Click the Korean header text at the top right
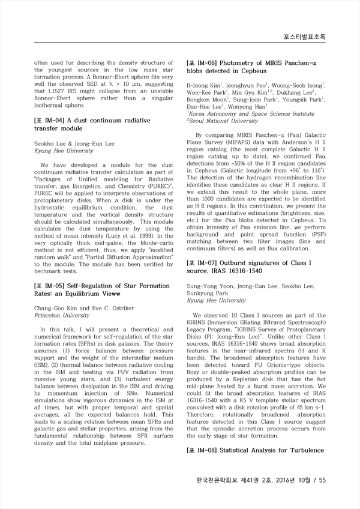point(304,37)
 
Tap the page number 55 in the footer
point(322,480)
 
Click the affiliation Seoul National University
point(220,121)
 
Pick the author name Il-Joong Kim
point(203,85)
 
